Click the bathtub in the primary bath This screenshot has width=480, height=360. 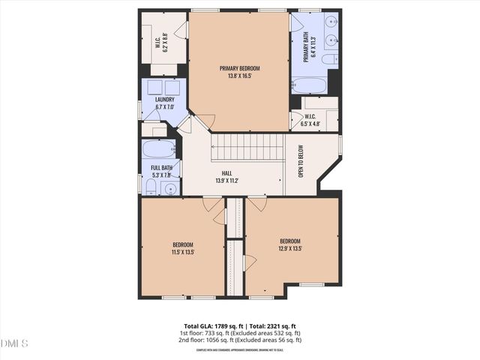pyautogui.click(x=310, y=85)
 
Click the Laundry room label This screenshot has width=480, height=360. pyautogui.click(x=164, y=100)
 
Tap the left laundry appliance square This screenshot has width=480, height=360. pyautogui.click(x=154, y=86)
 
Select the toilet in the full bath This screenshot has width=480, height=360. pyautogui.click(x=151, y=187)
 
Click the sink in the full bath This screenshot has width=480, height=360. pyautogui.click(x=170, y=187)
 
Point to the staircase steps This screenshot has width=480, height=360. pyautogui.click(x=247, y=147)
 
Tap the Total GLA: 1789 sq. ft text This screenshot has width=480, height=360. pyautogui.click(x=202, y=326)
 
